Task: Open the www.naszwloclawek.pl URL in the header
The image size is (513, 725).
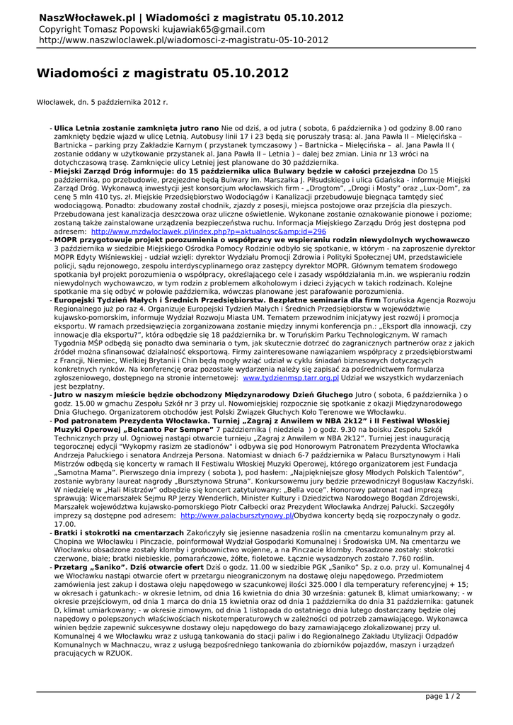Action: [183, 40]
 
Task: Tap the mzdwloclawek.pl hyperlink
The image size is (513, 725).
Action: [208, 231]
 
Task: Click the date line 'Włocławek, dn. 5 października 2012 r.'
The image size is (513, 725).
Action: [102, 103]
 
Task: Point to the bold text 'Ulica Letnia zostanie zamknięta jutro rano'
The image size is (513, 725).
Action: [137, 128]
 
